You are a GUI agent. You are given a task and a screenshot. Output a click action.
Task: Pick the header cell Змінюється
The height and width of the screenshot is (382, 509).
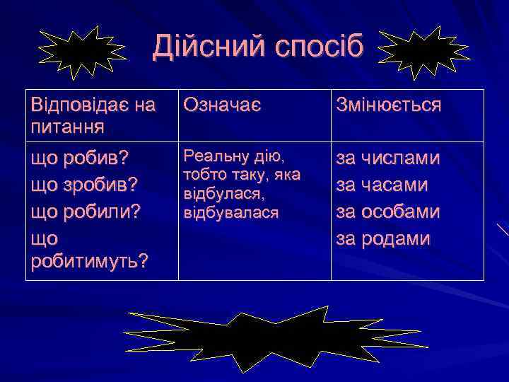tap(389, 106)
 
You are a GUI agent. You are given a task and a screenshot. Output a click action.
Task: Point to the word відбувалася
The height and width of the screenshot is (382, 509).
tap(230, 211)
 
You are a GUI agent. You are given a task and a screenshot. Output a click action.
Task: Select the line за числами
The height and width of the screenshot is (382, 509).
tap(388, 158)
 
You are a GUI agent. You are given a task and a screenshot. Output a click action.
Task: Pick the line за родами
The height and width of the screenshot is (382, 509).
tap(382, 238)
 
